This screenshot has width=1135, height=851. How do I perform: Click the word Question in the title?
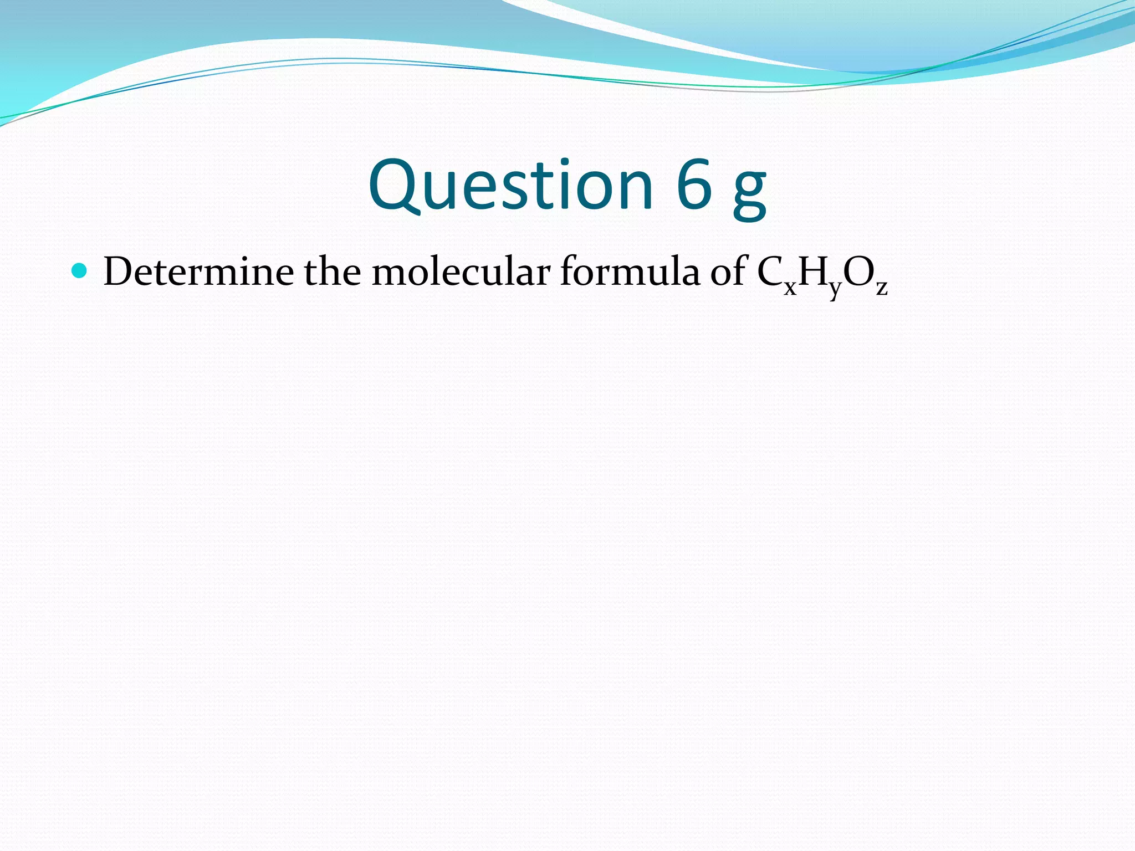click(510, 185)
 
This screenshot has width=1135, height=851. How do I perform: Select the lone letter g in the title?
click(750, 191)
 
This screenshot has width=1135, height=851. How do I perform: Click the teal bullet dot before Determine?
click(80, 271)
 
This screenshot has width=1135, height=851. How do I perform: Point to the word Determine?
click(198, 271)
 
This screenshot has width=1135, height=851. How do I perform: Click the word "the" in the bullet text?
click(332, 271)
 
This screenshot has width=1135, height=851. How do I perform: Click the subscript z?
click(882, 288)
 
